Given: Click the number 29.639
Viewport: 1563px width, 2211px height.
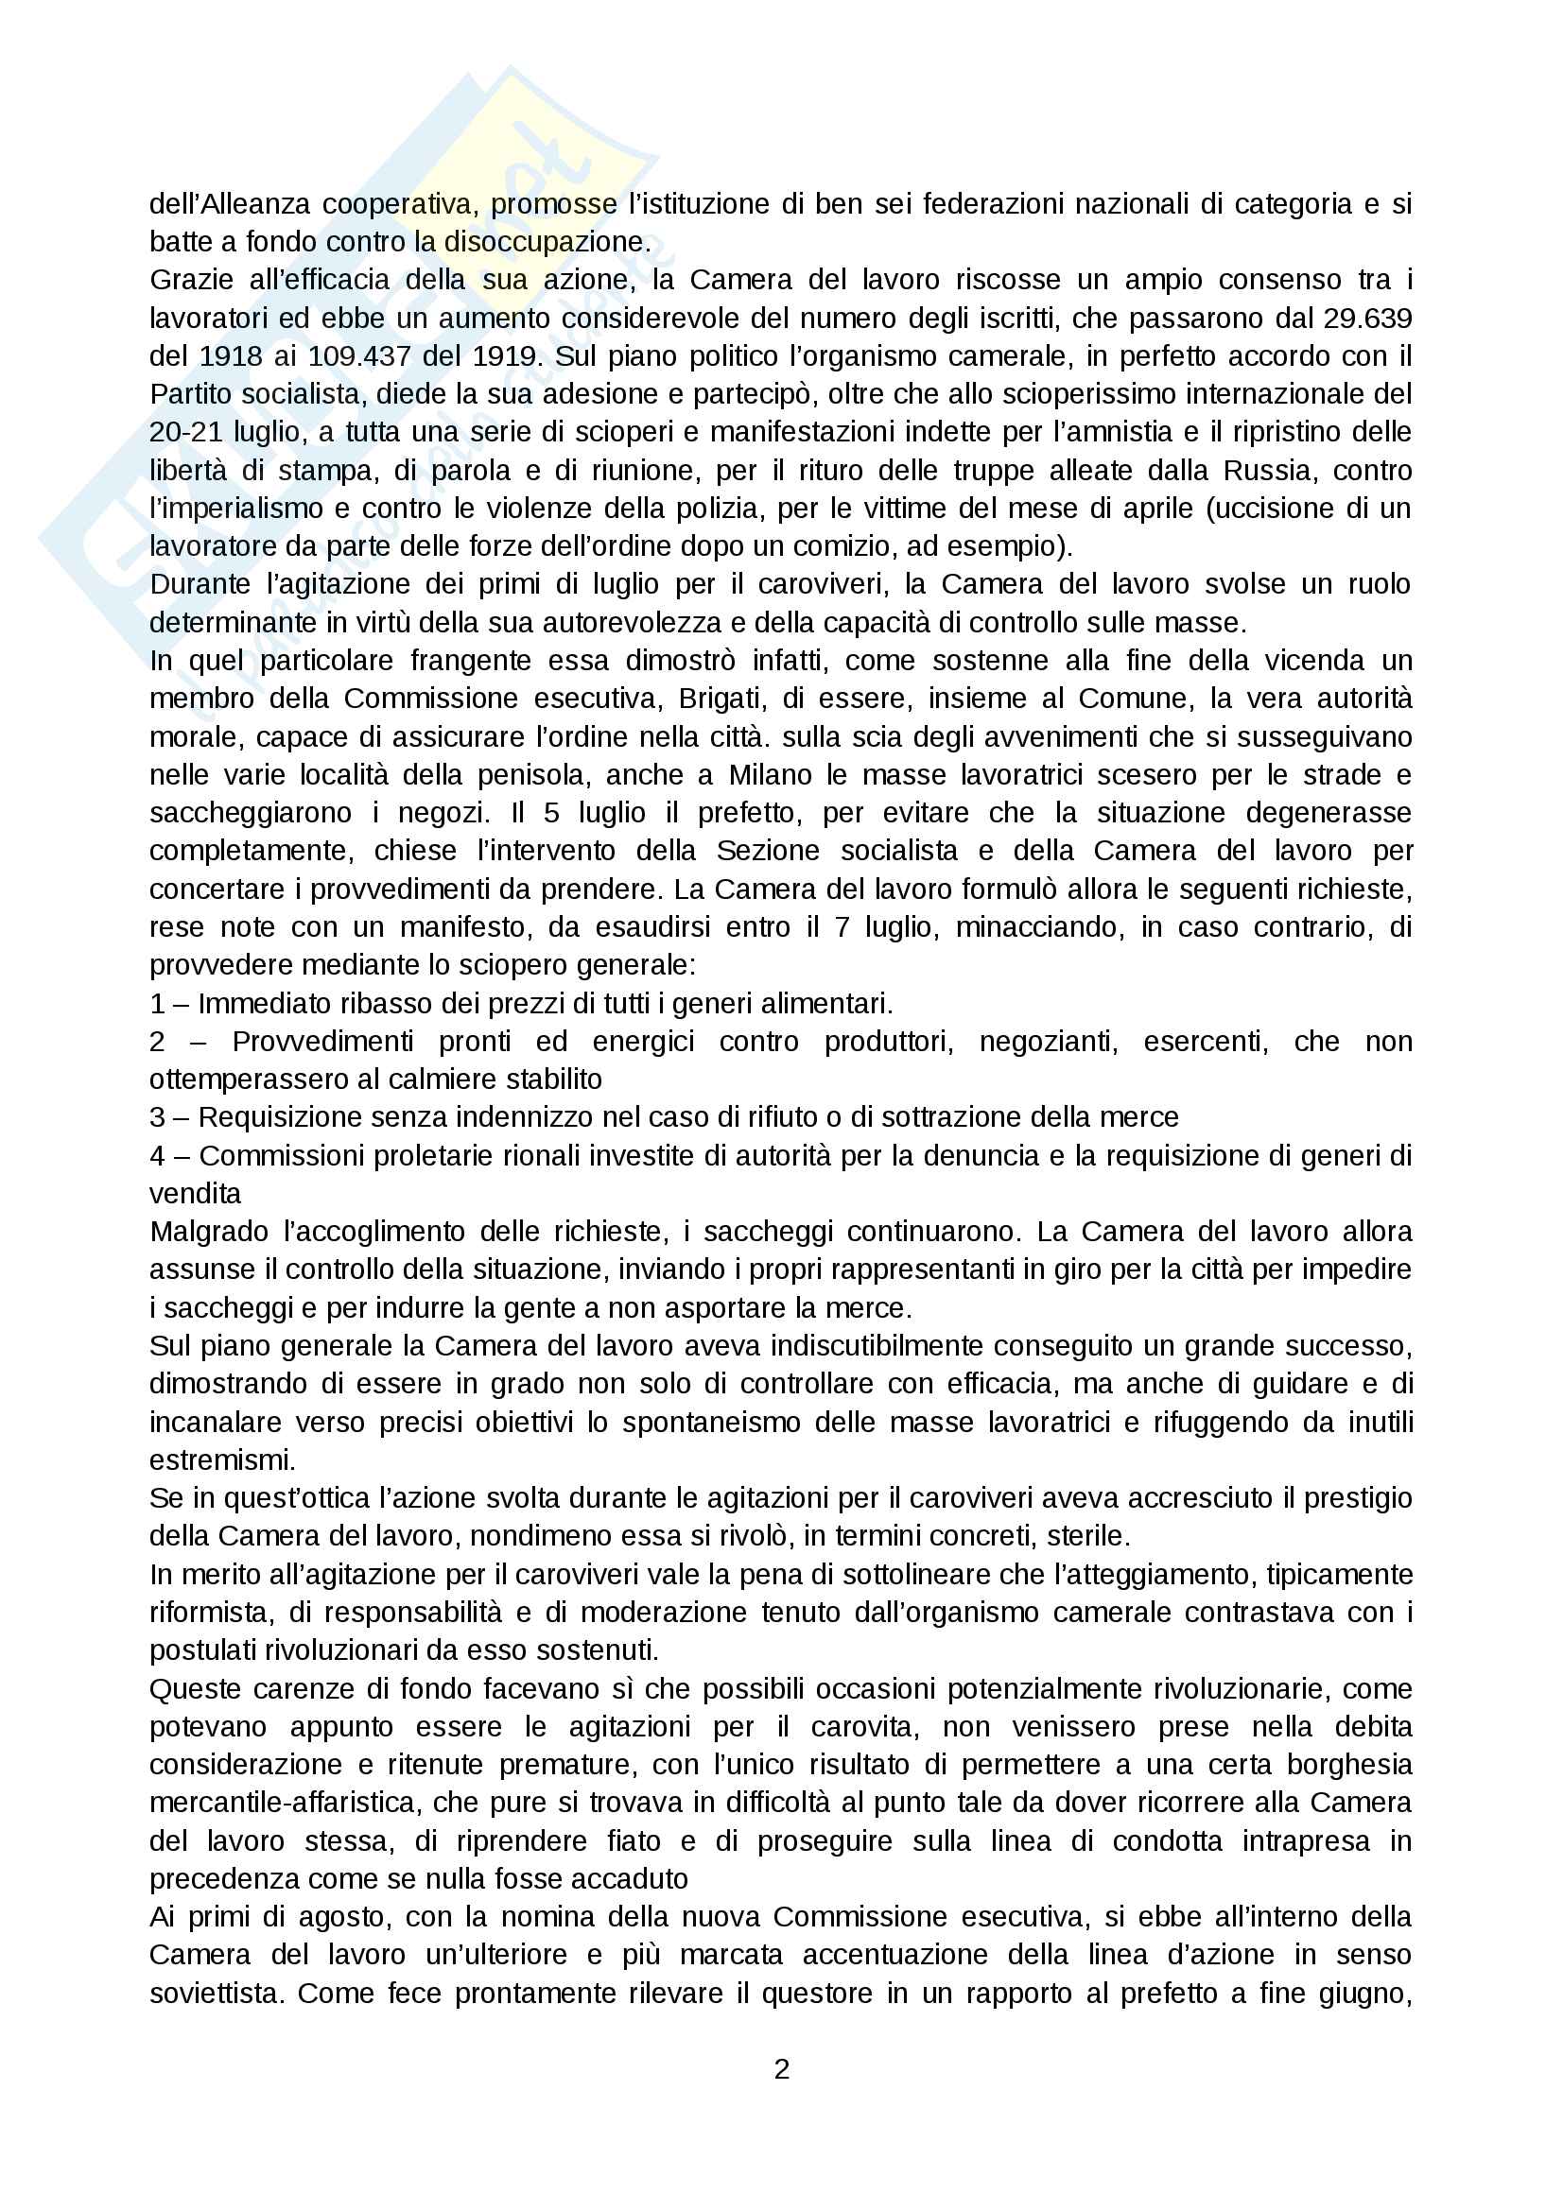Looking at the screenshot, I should (1367, 318).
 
